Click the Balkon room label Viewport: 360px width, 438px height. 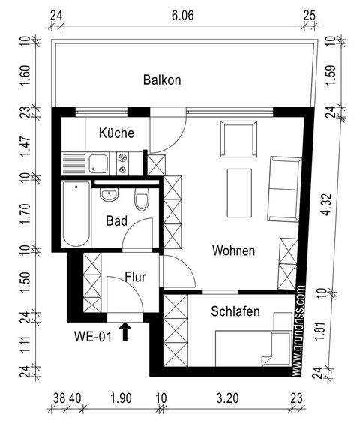(162, 79)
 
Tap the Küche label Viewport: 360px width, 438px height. (116, 133)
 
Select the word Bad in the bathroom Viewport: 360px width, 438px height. (116, 221)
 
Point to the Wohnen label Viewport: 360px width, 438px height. (232, 250)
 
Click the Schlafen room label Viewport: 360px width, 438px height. (235, 311)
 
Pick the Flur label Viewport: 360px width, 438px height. (135, 277)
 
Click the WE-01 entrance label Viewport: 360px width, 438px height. (93, 336)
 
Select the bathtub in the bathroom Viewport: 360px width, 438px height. (75, 214)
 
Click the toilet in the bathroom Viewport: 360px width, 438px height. (141, 201)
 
